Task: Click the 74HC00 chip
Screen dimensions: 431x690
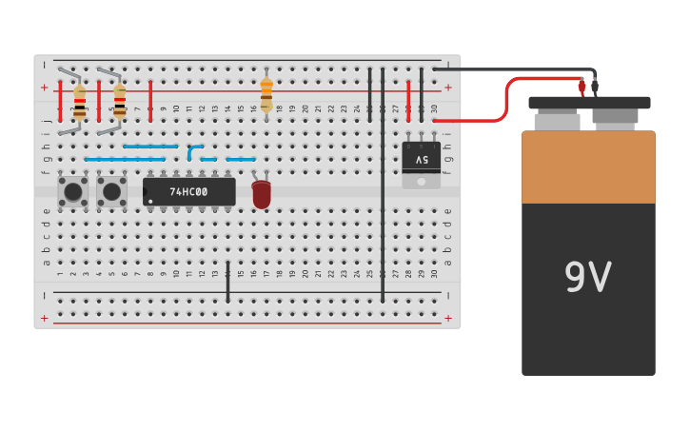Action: (x=189, y=191)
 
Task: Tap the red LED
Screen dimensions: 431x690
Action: (x=261, y=194)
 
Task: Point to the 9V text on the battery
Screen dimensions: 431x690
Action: (x=587, y=277)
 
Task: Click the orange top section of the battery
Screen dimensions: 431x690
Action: (x=588, y=167)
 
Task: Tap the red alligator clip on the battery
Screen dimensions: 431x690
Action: (x=582, y=88)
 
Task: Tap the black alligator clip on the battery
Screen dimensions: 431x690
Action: (x=595, y=88)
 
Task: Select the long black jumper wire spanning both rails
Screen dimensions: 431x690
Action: (x=383, y=186)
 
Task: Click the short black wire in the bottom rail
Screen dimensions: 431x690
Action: (x=227, y=282)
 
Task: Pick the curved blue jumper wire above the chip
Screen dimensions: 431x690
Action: (x=193, y=150)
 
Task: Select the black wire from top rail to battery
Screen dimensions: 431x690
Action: (x=514, y=69)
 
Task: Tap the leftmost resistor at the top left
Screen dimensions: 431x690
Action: (x=79, y=101)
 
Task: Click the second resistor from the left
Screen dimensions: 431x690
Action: (x=119, y=101)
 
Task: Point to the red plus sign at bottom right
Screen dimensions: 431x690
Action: (x=447, y=318)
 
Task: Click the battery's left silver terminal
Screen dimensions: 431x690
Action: (x=557, y=121)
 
